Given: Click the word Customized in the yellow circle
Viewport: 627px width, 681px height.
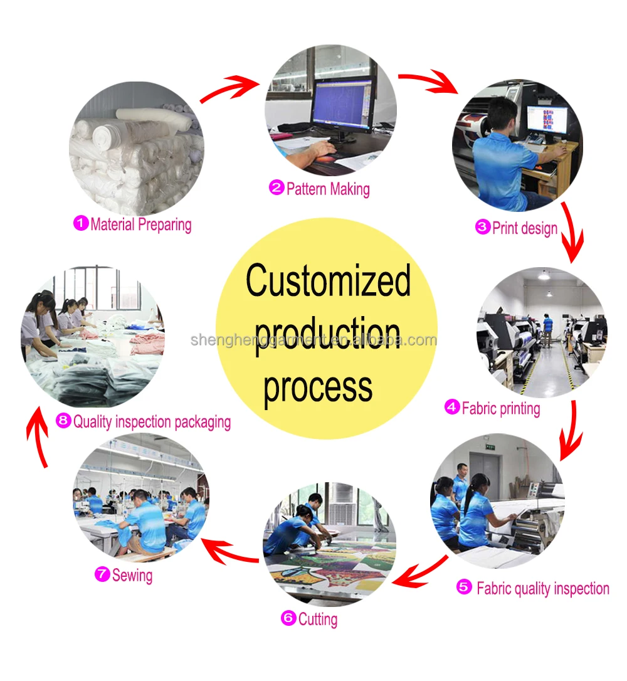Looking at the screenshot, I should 328,282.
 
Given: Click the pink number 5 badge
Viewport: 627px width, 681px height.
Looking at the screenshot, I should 464,588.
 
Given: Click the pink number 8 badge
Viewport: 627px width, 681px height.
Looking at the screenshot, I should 63,421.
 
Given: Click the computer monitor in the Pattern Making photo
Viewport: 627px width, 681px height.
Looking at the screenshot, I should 344,103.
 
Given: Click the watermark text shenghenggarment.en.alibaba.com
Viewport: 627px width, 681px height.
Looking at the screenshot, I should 313,340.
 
